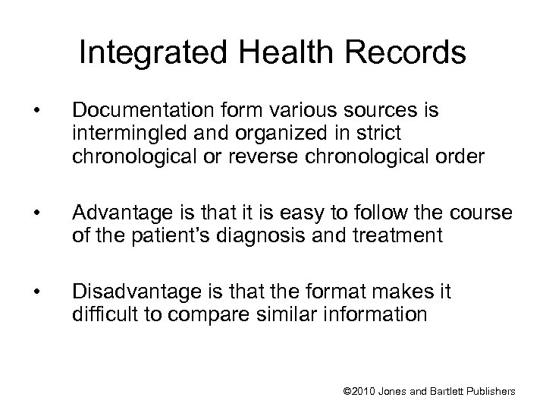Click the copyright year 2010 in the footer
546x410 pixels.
(366, 391)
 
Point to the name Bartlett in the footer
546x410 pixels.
(444, 391)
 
